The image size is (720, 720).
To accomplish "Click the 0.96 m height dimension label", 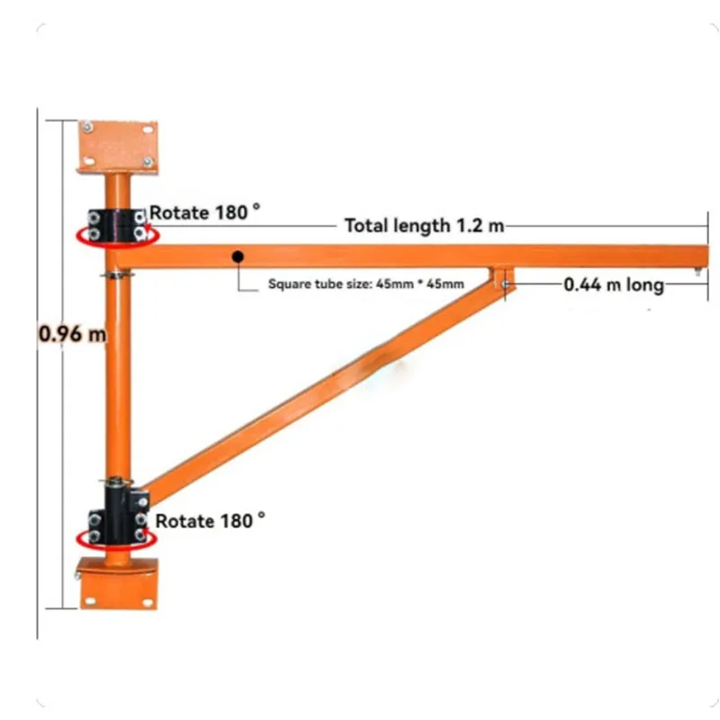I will (72, 335).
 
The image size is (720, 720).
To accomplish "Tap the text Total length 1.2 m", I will (424, 225).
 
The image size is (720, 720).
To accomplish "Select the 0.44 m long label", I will (614, 285).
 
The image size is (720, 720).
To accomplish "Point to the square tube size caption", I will (366, 284).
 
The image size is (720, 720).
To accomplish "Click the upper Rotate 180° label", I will (205, 212).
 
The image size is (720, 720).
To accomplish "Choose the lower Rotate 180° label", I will (211, 520).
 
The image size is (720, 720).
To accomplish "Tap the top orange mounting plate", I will (118, 146).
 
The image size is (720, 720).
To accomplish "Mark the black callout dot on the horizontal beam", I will (238, 257).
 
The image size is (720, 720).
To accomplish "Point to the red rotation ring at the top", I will (118, 236).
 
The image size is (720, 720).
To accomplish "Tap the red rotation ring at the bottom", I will (118, 538).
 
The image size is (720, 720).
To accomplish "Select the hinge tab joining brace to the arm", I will (502, 276).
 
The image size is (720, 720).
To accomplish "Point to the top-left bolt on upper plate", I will (88, 128).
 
